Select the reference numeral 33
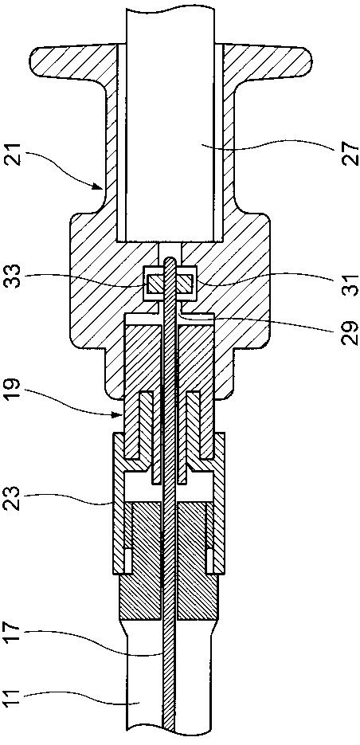[14, 276]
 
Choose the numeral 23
[14, 496]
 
